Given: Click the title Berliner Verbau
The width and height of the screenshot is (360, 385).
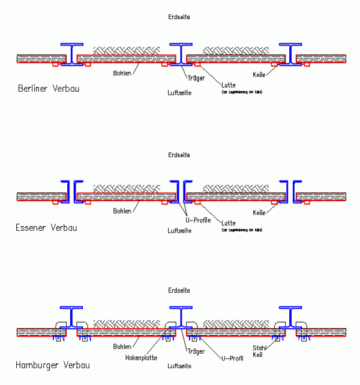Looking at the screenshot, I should pos(49,89).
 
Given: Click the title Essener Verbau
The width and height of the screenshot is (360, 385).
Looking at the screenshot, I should pos(47,227).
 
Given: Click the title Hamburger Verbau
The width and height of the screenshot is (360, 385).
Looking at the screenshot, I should pos(53,365).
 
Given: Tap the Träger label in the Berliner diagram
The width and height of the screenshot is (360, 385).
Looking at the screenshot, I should pos(196,78).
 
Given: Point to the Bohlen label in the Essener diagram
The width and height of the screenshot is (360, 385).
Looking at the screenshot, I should pos(122,211).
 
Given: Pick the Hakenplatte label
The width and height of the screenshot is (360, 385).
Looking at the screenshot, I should pos(141,357).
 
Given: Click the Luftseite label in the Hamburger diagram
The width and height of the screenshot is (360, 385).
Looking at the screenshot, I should pos(179,365).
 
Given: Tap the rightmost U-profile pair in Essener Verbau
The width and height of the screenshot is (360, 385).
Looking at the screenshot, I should pos(289,190).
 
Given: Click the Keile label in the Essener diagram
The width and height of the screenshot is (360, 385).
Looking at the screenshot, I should pos(259,212).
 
